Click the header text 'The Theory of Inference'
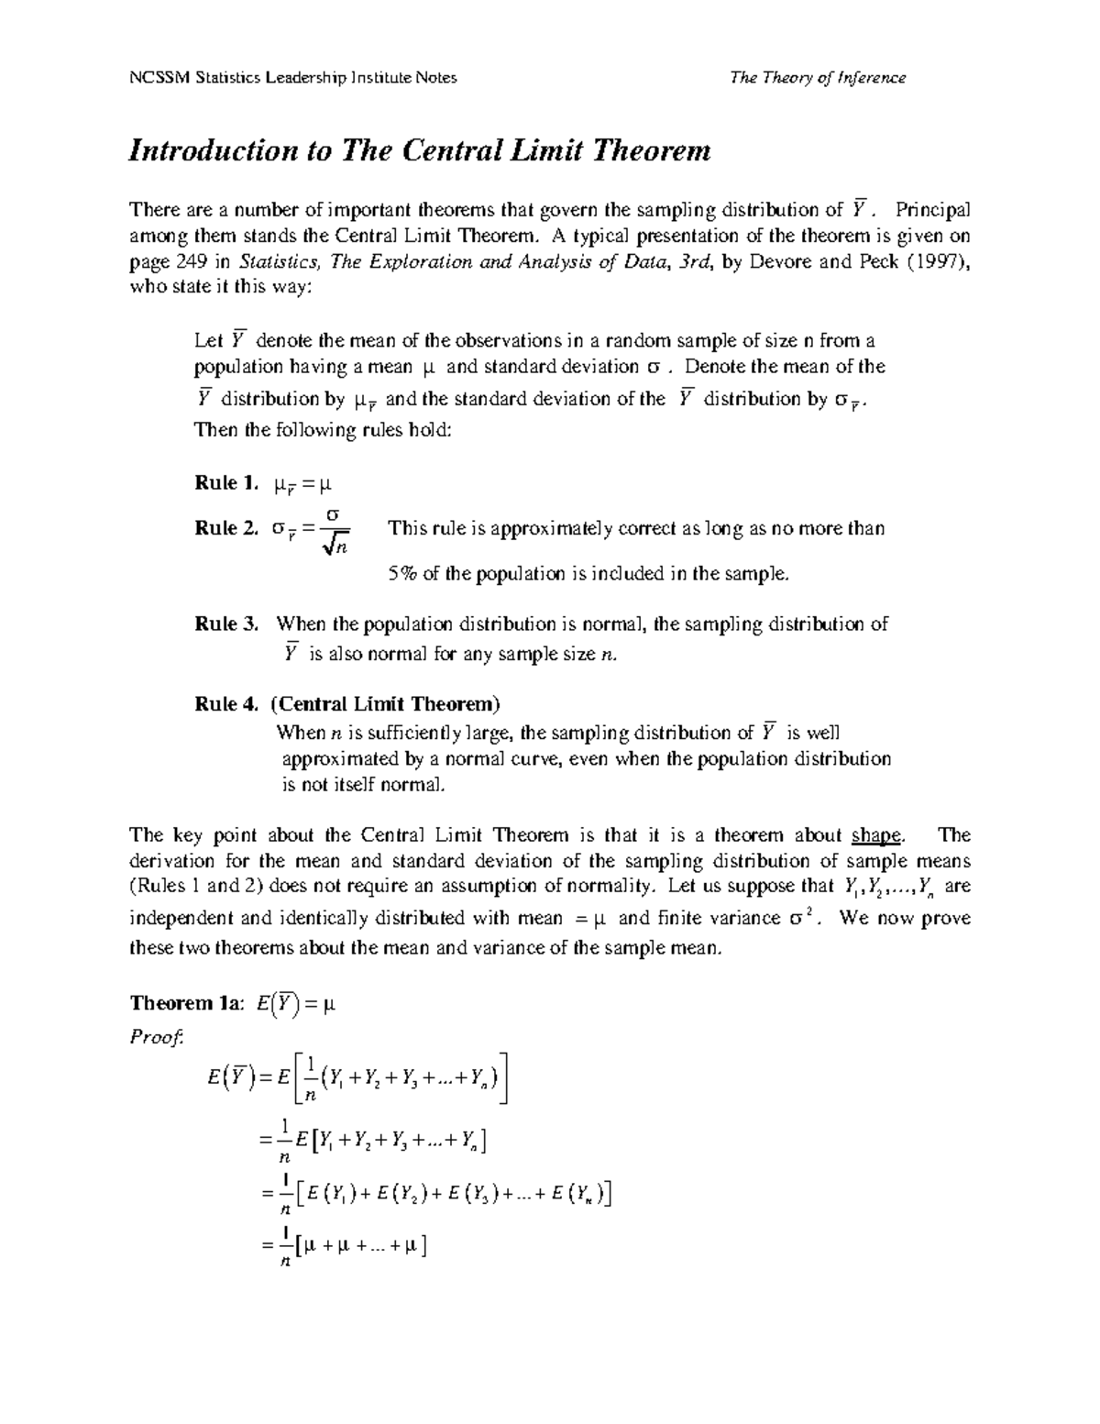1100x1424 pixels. [x=817, y=78]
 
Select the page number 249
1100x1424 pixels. [x=190, y=261]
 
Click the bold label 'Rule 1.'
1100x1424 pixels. [x=228, y=483]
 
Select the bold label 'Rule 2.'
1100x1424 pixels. [x=228, y=529]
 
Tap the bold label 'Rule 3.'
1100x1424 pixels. [x=228, y=624]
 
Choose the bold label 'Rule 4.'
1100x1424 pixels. [x=228, y=704]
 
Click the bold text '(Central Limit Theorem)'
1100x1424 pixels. [x=386, y=704]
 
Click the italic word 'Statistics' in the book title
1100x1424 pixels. [x=280, y=261]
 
